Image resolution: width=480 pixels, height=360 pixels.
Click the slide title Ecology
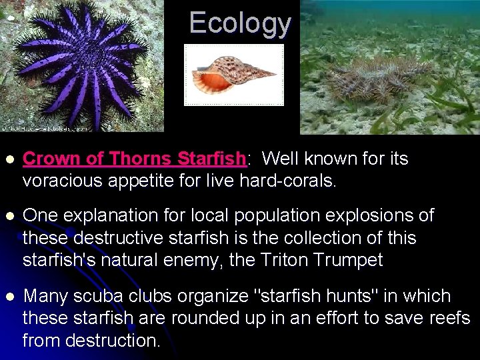click(x=240, y=23)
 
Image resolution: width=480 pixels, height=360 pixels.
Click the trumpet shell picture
click(x=233, y=75)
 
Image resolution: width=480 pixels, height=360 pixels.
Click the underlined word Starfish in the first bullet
click(x=212, y=159)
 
